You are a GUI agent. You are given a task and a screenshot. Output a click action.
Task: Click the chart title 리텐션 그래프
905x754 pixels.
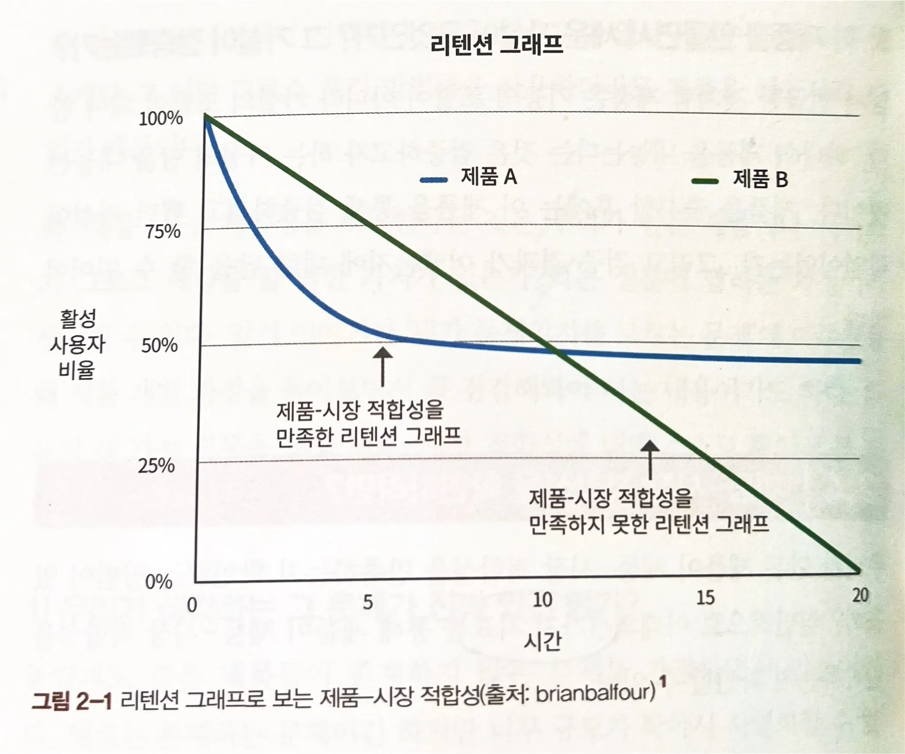(496, 45)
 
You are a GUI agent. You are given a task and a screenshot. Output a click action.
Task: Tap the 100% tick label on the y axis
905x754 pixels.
(161, 118)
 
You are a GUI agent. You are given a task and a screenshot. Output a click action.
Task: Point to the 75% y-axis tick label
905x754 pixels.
(163, 231)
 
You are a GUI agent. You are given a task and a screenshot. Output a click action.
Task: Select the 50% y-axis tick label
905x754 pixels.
(160, 346)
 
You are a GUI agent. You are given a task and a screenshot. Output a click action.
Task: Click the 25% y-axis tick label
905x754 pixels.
(156, 465)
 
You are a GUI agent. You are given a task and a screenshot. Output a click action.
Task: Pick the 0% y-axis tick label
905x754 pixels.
(158, 582)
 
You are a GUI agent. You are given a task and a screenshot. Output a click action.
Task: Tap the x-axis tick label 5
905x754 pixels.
(368, 602)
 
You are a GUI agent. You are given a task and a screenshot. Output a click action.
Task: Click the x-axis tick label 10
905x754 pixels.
(542, 600)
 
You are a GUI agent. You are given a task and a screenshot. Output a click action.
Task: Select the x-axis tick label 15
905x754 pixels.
(705, 598)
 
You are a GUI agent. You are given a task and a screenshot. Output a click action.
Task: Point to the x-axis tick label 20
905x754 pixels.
(860, 595)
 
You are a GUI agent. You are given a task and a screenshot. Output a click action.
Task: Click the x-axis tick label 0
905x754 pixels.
(192, 605)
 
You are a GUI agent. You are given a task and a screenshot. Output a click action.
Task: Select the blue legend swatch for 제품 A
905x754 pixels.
(434, 179)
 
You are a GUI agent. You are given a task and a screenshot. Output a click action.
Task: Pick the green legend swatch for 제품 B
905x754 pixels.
(705, 180)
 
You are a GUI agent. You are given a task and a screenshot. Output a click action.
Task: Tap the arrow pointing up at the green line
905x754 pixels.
(650, 460)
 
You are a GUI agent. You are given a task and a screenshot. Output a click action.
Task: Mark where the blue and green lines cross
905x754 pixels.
(555, 352)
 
